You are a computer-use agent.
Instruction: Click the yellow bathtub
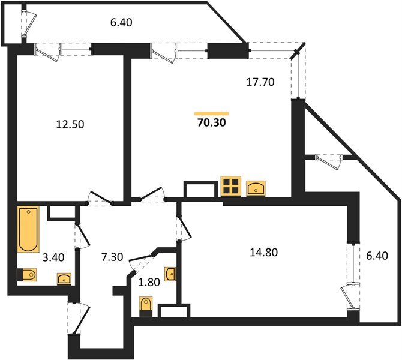(x=28, y=229)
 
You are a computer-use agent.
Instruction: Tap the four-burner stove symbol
(x=231, y=186)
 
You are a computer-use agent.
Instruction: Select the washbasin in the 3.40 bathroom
(x=64, y=278)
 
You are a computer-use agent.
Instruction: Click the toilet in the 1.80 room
(x=145, y=305)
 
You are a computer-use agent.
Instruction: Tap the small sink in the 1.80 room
(x=171, y=274)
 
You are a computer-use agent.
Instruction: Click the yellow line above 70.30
(x=212, y=113)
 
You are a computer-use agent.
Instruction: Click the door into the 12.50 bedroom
(x=99, y=199)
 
